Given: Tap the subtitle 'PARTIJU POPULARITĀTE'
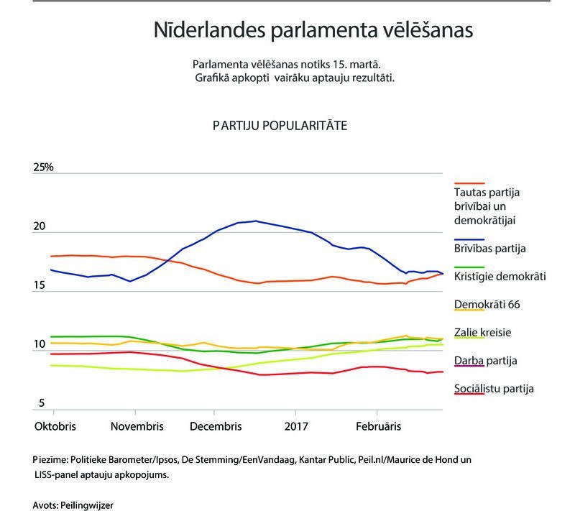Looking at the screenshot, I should click(x=280, y=125).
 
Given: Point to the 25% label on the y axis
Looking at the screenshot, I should click(x=44, y=167).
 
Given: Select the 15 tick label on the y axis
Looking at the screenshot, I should click(x=40, y=286).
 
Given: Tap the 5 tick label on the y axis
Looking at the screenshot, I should click(x=42, y=404).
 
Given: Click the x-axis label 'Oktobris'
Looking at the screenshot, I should click(x=55, y=426).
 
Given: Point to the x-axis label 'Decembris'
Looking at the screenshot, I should click(x=216, y=426).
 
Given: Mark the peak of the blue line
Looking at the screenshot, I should click(x=256, y=221).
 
